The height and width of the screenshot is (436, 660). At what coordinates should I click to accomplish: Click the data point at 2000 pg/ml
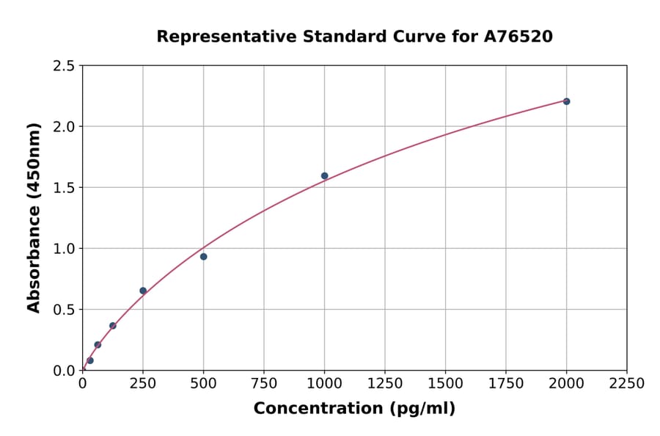point(566,101)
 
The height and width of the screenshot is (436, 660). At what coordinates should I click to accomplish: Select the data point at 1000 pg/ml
point(324,176)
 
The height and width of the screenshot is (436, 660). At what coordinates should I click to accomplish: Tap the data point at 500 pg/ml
point(203,257)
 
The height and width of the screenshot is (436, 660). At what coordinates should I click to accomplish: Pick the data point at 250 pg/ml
point(143,291)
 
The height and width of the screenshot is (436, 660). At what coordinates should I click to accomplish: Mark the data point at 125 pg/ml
point(113,326)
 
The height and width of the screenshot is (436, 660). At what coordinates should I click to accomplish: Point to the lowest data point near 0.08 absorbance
point(90,360)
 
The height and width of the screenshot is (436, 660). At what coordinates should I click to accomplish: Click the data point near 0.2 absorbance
point(98,345)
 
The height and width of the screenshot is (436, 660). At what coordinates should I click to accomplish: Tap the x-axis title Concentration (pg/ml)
point(354,409)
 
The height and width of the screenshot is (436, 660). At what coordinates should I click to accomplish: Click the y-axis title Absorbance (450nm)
point(34,218)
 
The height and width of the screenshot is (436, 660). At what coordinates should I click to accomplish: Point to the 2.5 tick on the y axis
point(64,66)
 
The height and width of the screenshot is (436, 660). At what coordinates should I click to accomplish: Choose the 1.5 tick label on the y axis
point(64,188)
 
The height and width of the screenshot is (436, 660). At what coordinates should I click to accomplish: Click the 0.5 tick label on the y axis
point(64,310)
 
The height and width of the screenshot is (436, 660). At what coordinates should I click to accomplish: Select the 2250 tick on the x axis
point(627,384)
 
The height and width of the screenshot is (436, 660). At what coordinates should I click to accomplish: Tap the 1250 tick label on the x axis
point(385,384)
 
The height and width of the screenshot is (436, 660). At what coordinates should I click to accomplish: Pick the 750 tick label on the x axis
point(264,384)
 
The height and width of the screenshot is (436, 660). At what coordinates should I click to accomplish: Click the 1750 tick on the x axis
point(506,384)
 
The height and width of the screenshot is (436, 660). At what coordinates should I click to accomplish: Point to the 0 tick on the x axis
point(82,384)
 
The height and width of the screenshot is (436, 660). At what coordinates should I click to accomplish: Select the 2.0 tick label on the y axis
point(64,127)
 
